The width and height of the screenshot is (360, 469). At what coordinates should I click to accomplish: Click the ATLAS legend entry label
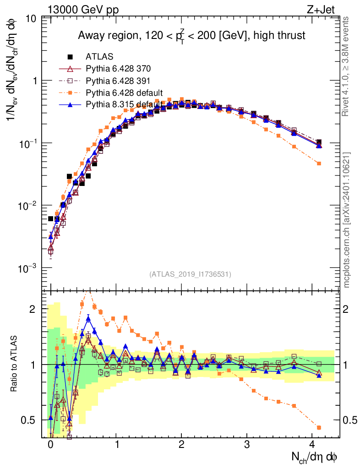pos(99,57)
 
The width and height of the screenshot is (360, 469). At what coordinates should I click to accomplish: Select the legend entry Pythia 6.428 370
pos(118,69)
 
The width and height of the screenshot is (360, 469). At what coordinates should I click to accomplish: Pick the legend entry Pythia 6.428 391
pos(118,81)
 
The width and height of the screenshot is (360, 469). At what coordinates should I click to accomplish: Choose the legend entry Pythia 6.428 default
pos(125,93)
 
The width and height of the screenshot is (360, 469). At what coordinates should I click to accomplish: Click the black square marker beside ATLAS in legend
pos(71,57)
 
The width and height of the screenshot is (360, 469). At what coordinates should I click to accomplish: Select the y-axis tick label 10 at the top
pos(32,19)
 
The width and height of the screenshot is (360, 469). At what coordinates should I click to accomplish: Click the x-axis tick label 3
pos(247,445)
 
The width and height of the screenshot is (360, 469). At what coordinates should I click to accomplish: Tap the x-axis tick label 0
pos(50,445)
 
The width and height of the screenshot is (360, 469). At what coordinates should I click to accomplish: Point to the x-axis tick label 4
pos(313,445)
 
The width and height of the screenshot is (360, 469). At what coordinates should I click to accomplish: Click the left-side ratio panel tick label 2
pos(33,309)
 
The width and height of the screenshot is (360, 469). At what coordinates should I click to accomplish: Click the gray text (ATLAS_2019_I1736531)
pos(190,274)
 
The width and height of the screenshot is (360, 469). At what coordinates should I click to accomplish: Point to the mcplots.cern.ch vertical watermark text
pos(347,220)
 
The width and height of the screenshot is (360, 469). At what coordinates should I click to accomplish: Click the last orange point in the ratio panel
pos(319,427)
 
